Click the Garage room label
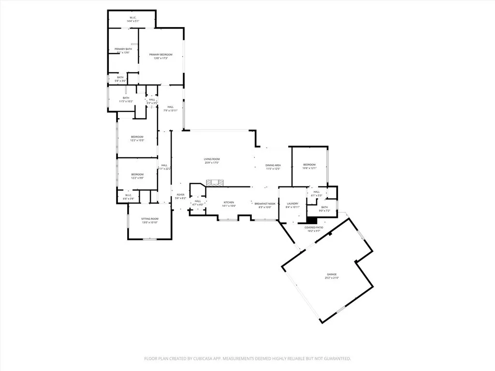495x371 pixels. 331,274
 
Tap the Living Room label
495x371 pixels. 212,159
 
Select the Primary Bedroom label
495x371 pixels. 160,55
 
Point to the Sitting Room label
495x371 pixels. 150,219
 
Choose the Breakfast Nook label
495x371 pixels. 265,203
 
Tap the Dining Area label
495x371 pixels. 273,165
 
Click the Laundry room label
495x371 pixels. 293,203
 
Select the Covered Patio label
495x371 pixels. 314,227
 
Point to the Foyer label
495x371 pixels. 180,194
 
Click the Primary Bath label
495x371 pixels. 123,49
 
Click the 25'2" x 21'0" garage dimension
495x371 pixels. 331,278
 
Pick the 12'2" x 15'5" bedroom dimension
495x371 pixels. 137,141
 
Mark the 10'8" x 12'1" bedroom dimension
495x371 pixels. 309,168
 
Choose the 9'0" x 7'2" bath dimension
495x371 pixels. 324,211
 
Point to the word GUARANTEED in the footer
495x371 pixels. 335,358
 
